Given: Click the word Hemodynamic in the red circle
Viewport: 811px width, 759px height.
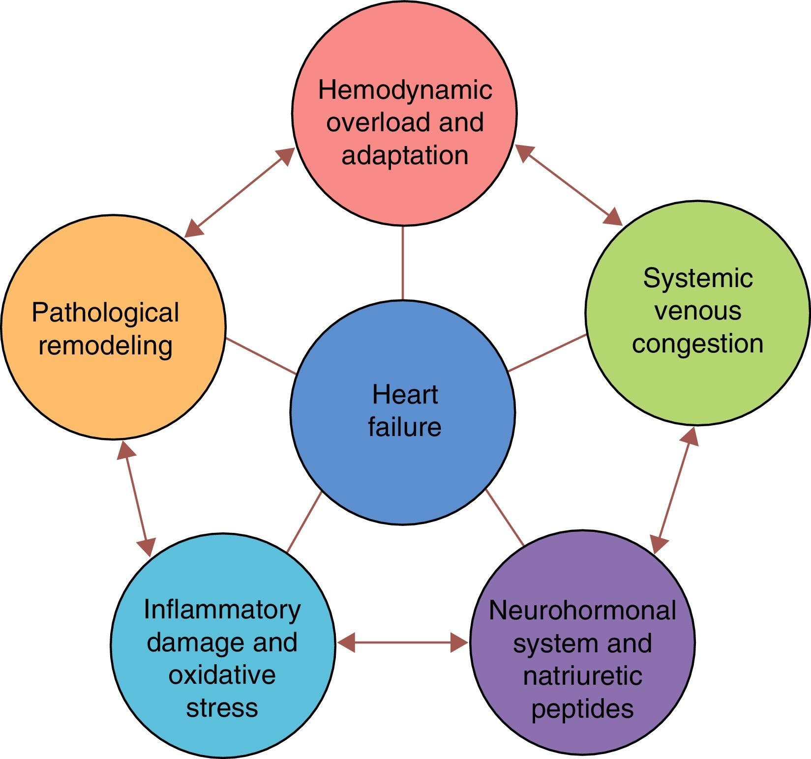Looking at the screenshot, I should click(x=405, y=90).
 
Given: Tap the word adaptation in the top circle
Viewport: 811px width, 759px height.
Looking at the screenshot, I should click(x=405, y=155).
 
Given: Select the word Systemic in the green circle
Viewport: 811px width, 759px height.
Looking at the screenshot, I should click(x=698, y=279).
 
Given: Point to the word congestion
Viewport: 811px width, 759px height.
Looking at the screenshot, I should click(x=697, y=344).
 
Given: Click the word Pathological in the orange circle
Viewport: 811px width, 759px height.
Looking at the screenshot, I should click(x=105, y=313).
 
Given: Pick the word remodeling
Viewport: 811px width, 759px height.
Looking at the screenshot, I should click(x=105, y=345).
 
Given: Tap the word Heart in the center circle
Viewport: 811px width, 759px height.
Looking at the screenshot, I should click(x=405, y=395).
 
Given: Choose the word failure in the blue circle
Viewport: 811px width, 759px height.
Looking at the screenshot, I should click(x=405, y=427).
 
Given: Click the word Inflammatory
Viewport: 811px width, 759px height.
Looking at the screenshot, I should click(x=222, y=610).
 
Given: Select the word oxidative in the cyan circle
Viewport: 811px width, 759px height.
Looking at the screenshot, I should click(x=222, y=675).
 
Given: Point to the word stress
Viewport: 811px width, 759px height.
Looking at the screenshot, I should click(x=222, y=708).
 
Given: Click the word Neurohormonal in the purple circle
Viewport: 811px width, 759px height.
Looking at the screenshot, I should click(x=582, y=611).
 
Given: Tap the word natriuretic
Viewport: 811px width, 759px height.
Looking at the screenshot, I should click(x=582, y=676).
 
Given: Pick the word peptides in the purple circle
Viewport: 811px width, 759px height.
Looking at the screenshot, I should click(x=582, y=709).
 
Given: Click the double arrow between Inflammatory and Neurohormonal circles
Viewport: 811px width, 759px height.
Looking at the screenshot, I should click(x=402, y=642).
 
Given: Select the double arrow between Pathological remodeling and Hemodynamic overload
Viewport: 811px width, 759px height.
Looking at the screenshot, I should click(x=240, y=192).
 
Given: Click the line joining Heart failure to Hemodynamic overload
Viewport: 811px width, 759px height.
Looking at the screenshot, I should click(x=403, y=263).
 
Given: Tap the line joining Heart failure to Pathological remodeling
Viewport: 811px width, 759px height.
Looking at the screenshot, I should click(x=261, y=356).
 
